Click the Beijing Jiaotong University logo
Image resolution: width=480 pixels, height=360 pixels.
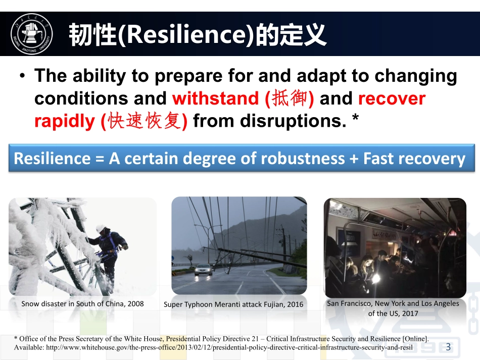tap(31, 34)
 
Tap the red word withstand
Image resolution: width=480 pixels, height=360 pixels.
tap(216, 98)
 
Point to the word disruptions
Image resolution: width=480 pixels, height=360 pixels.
tap(293, 121)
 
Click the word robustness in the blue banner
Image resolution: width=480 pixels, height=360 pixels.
tap(303, 159)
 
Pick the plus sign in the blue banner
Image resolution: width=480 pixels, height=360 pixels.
tap(354, 159)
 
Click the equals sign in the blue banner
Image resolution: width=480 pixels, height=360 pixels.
tap(100, 159)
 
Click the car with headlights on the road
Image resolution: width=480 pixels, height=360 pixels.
tap(203, 270)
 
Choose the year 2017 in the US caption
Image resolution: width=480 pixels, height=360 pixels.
tap(410, 313)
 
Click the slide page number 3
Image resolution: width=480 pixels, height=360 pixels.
tap(448, 347)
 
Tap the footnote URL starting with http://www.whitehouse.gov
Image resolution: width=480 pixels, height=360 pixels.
tap(229, 348)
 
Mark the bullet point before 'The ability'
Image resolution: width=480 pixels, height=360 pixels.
tap(22, 75)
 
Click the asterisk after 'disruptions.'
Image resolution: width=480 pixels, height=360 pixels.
tap(355, 118)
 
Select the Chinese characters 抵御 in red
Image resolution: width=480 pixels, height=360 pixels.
tap(290, 98)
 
